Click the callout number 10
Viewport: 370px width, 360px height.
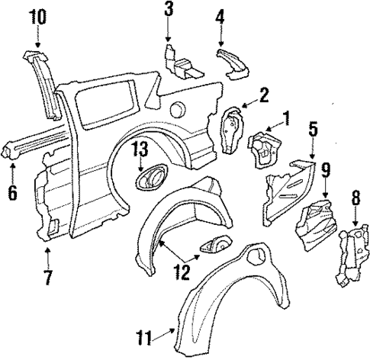pyautogui.click(x=36, y=15)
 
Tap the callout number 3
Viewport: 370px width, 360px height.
pyautogui.click(x=168, y=11)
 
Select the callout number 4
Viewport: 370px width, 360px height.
pyautogui.click(x=220, y=14)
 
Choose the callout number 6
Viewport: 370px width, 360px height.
pyautogui.click(x=11, y=193)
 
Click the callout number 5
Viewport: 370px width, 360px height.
pyautogui.click(x=313, y=129)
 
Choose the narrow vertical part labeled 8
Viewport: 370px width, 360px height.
pyautogui.click(x=349, y=256)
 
